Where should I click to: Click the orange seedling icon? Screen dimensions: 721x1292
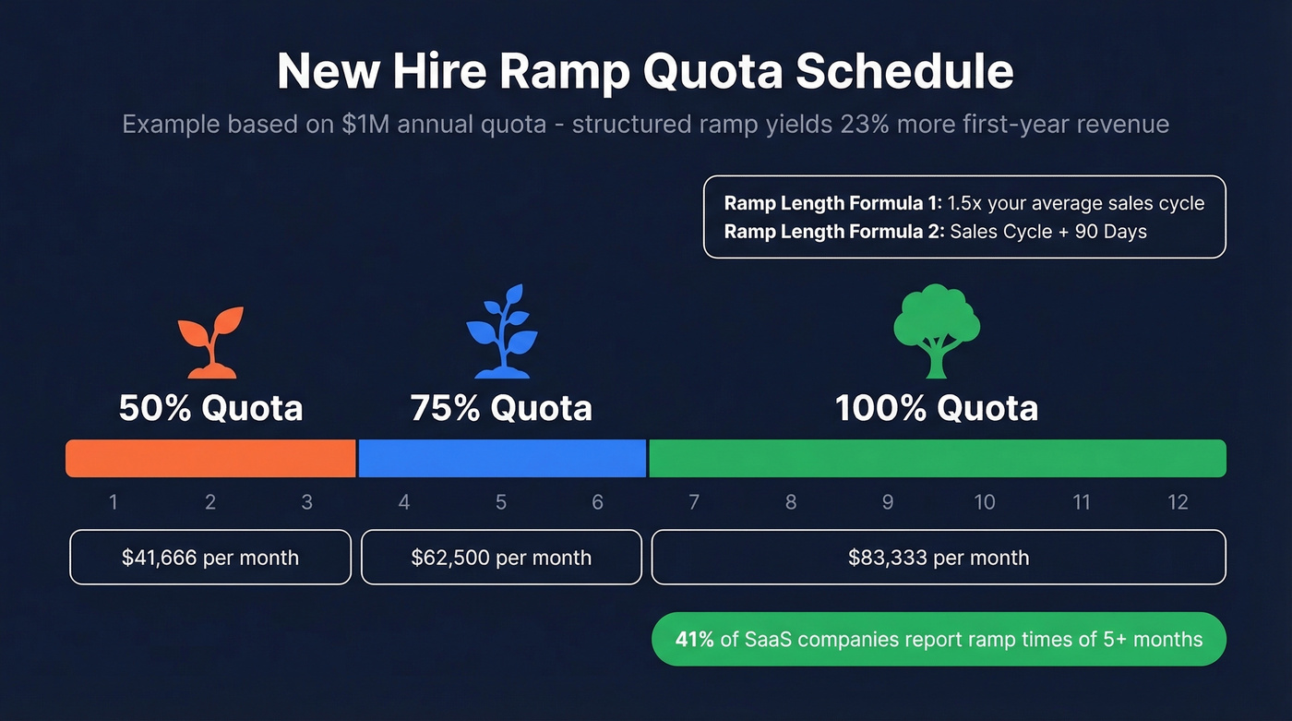(211, 342)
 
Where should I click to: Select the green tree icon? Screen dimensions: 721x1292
(937, 330)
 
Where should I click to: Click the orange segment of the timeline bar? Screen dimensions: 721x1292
(210, 459)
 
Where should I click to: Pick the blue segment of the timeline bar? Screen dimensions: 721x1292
(501, 459)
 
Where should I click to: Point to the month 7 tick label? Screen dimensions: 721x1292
(694, 502)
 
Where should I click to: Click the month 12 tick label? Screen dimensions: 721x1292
(1178, 502)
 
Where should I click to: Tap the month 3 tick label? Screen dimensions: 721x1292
(307, 502)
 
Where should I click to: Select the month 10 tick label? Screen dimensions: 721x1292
(985, 502)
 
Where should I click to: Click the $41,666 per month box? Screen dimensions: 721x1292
(210, 558)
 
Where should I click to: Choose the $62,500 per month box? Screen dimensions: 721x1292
(501, 558)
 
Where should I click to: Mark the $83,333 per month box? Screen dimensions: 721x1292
(939, 558)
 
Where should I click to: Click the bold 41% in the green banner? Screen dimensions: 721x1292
(694, 639)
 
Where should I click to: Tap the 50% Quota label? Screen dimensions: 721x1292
(210, 408)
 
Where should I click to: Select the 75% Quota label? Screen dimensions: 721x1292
(501, 408)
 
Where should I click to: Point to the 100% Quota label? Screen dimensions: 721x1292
(937, 408)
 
